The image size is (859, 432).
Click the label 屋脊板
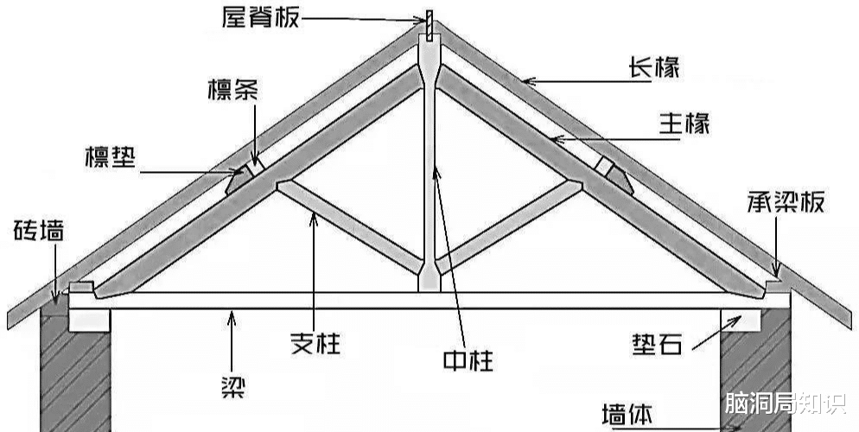coord(261,17)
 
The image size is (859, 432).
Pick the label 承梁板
coord(786,202)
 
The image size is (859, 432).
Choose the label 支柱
coord(315,343)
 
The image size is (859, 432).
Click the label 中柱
coord(468,360)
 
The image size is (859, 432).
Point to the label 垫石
coord(658,344)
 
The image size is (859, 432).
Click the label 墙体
coord(627,415)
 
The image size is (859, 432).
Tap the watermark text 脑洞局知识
coord(786,403)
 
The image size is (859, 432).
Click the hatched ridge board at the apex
coord(430,25)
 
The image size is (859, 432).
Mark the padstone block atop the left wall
coord(89,320)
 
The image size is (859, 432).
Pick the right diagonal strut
coord(509,226)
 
